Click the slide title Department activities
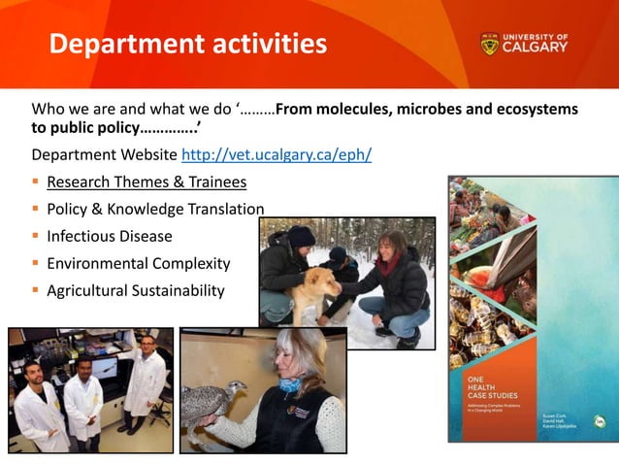[x=187, y=45]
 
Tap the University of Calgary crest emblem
[x=489, y=44]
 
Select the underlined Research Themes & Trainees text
[x=147, y=182]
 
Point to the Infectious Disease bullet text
[x=110, y=236]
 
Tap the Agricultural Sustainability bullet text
[x=136, y=290]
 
